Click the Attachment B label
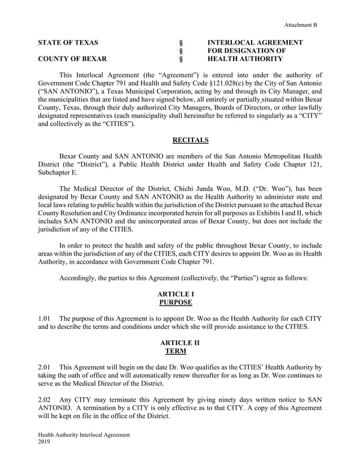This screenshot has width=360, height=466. [x=300, y=25]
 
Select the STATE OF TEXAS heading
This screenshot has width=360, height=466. [x=68, y=43]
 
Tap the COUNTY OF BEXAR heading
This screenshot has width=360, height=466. [x=71, y=59]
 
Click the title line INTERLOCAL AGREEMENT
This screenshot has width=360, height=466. [x=255, y=43]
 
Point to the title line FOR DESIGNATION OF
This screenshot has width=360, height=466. [x=247, y=51]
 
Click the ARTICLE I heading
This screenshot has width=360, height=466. [x=179, y=294]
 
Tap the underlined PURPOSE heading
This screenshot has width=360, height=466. [x=179, y=302]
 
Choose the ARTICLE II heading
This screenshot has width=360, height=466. [x=179, y=343]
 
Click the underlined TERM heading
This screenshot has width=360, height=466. [x=179, y=351]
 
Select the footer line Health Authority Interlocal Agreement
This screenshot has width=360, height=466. [x=84, y=436]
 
